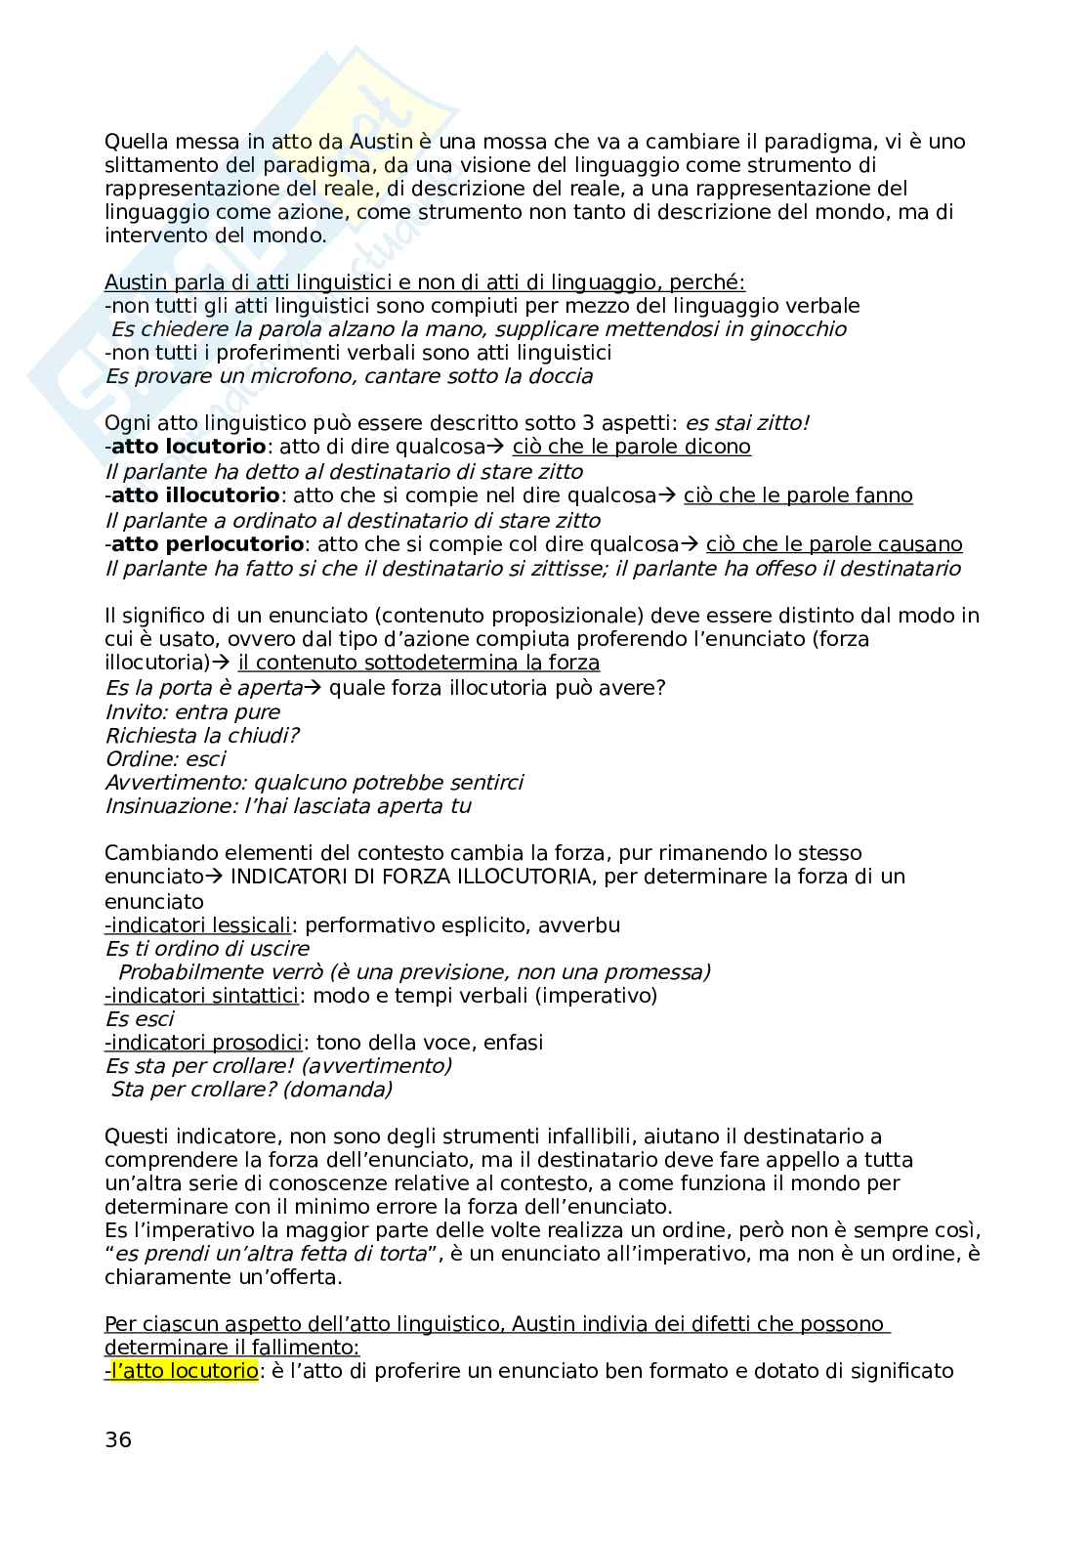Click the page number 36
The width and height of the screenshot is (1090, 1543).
coord(117,1439)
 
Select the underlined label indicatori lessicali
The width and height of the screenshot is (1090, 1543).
coord(199,924)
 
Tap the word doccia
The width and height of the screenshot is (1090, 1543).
coord(558,376)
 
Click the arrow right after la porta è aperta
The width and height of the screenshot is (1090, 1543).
coord(313,688)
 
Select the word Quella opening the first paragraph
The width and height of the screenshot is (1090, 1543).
coord(135,141)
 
